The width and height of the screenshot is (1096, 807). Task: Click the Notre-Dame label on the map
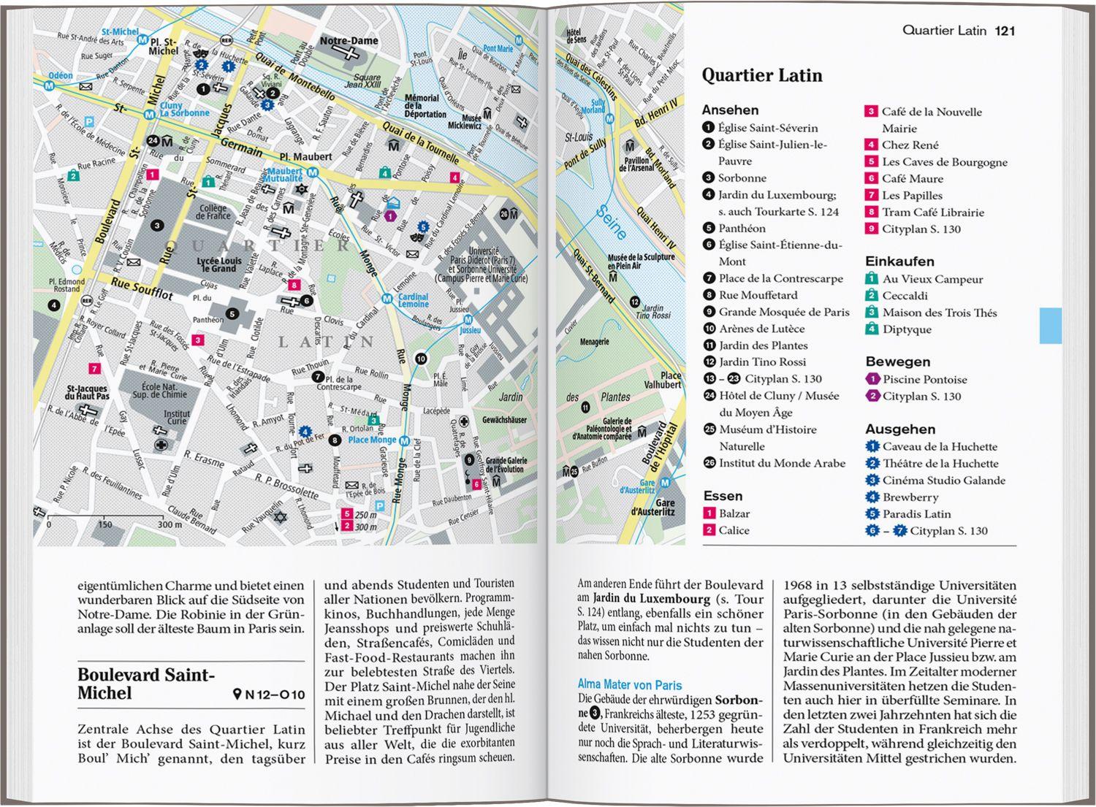click(x=349, y=41)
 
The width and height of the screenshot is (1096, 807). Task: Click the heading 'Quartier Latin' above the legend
click(x=761, y=76)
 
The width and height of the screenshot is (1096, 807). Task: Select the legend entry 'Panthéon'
click(x=742, y=229)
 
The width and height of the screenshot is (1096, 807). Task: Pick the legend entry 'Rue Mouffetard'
click(x=758, y=295)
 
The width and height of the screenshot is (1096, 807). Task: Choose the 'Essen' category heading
click(x=723, y=496)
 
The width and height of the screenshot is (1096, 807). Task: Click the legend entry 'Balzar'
click(x=734, y=513)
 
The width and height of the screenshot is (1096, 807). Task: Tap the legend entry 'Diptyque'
click(x=906, y=329)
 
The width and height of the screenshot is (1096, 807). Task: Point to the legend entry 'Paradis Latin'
click(x=916, y=514)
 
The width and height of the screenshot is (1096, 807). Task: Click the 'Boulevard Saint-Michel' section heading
click(x=146, y=684)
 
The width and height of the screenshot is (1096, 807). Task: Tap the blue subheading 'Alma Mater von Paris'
click(x=629, y=685)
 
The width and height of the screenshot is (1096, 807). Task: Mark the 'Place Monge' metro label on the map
click(x=371, y=440)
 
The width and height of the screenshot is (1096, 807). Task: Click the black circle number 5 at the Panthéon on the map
click(x=232, y=314)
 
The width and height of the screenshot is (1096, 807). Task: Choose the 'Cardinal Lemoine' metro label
click(x=413, y=301)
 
